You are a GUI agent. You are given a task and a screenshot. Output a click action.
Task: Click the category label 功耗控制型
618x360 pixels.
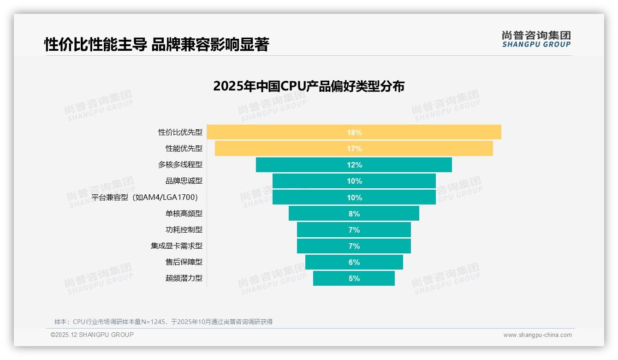[x=184, y=230]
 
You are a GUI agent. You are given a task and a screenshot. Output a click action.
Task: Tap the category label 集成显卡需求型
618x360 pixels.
[x=177, y=246]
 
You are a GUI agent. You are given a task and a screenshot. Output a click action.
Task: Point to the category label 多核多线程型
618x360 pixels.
[x=180, y=165]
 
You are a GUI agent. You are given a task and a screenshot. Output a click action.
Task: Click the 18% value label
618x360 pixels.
[x=354, y=132]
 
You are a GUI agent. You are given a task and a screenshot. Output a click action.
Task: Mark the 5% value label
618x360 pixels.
[x=354, y=278]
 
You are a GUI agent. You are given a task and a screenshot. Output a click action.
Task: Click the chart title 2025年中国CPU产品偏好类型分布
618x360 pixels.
[x=309, y=86]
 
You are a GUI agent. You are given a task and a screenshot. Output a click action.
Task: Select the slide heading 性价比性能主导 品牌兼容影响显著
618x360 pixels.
[x=156, y=45]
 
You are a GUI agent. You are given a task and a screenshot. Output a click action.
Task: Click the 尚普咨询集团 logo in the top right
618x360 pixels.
[x=536, y=39]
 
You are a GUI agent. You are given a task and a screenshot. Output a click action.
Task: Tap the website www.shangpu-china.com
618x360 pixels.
[x=537, y=335]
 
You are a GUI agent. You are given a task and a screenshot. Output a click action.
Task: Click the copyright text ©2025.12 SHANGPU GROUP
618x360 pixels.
[x=92, y=335]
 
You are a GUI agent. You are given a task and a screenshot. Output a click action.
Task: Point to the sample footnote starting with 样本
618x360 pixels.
[x=163, y=322]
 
